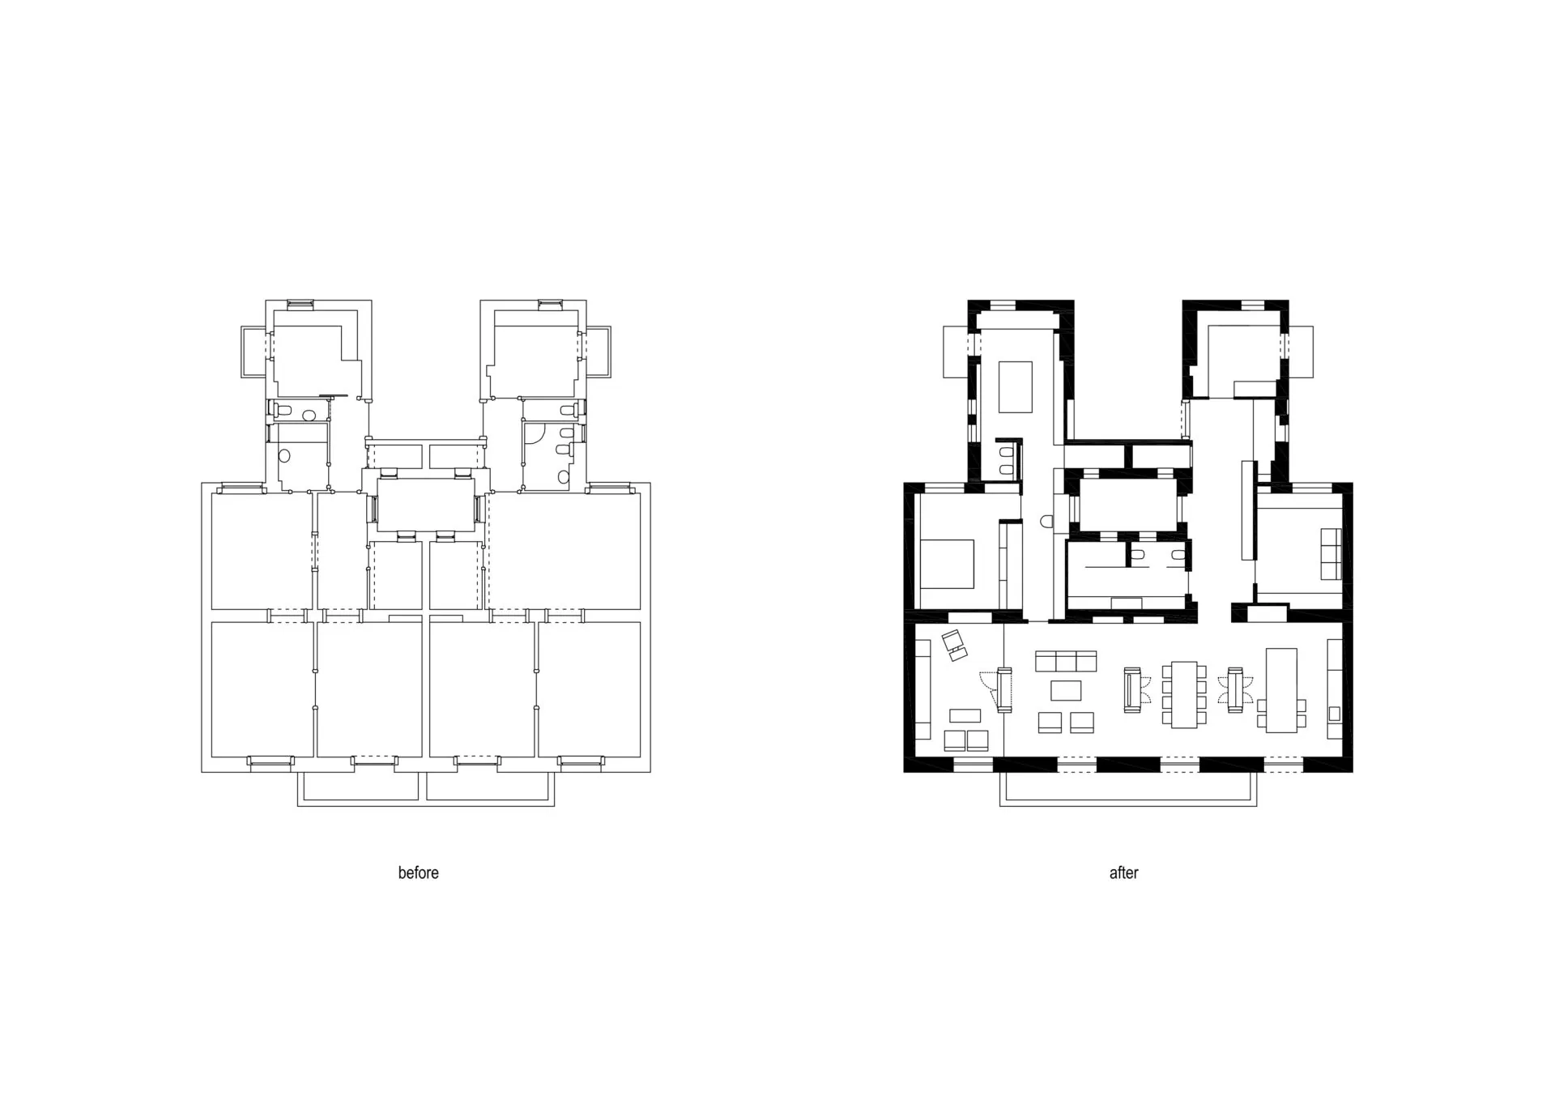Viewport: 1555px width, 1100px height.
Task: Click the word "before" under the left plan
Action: click(418, 872)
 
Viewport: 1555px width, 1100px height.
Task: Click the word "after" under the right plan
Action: click(1123, 872)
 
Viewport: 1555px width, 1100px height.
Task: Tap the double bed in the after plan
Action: click(947, 564)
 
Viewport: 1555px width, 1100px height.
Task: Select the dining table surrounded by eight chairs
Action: click(1184, 694)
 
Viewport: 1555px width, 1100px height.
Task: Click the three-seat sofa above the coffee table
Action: click(1066, 661)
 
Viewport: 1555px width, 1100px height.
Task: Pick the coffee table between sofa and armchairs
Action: click(1066, 690)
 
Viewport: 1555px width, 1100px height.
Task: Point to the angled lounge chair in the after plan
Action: click(956, 645)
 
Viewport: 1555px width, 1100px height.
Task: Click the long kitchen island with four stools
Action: click(1281, 689)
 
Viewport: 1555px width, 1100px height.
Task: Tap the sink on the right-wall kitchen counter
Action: click(1334, 714)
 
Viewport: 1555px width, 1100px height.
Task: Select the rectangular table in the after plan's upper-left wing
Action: click(1016, 387)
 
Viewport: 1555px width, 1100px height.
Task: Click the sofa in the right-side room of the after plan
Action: click(1331, 554)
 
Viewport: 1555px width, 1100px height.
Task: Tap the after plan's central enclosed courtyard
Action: click(1127, 504)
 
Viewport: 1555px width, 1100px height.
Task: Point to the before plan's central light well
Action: click(426, 504)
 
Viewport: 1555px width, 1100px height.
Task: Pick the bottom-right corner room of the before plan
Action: click(590, 689)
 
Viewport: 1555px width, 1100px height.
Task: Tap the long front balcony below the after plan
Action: click(1128, 789)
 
